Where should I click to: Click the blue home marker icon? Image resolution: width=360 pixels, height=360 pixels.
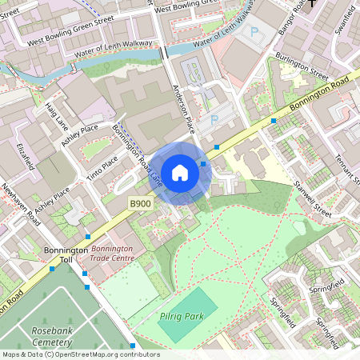click(x=180, y=172)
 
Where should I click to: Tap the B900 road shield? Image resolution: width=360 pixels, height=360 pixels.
click(x=141, y=205)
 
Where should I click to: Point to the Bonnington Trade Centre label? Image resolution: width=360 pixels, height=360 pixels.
click(x=111, y=254)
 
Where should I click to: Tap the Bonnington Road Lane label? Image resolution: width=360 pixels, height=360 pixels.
click(x=138, y=156)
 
